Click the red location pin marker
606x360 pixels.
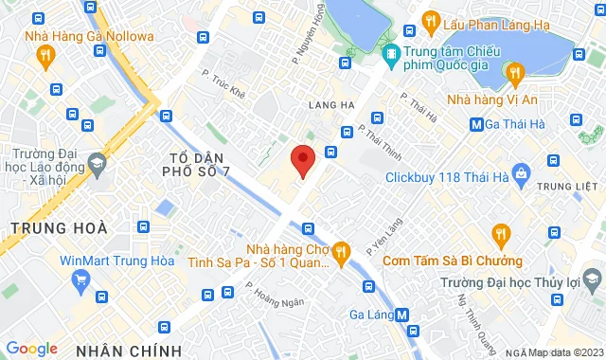[x=303, y=160]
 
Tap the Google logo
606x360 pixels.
[x=31, y=349]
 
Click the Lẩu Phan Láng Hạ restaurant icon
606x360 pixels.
[x=430, y=19]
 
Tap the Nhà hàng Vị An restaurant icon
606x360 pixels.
[x=514, y=71]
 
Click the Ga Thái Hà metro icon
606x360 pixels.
[x=478, y=123]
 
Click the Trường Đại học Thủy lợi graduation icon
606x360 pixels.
[x=593, y=279]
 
